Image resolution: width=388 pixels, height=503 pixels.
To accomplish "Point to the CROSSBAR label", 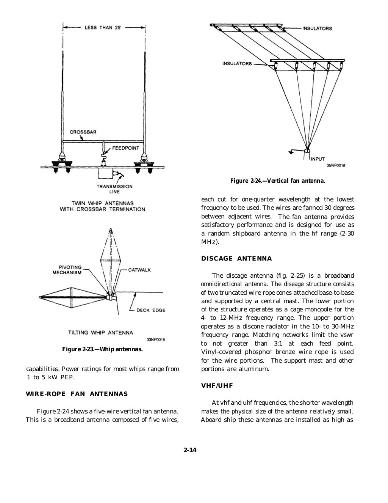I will coord(83,132).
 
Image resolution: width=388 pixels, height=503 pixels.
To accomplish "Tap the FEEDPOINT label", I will coord(125,148).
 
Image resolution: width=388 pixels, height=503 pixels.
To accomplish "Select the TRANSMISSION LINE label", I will coord(114,189).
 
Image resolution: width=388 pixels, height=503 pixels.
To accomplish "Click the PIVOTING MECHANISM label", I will coord(67,270).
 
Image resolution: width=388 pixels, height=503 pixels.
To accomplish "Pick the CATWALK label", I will coord(139,270).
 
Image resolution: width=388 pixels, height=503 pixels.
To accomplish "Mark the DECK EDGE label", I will coord(151,310).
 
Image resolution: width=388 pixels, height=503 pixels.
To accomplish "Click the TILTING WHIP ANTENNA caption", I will coord(100,333).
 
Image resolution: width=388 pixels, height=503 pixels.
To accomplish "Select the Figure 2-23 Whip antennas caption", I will coord(102,349).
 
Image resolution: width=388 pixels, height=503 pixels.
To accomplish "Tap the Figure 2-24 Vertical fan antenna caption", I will coord(277,181).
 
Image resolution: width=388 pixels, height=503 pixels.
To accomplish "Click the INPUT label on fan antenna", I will coord(318,159).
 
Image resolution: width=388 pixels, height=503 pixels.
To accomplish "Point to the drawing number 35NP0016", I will coord(335,165).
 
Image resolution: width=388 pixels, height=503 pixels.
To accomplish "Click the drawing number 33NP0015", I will coord(155,340).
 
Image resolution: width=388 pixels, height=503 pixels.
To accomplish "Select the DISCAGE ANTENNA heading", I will coord(236,259).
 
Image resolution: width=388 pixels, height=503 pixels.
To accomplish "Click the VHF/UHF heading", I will coord(217,386).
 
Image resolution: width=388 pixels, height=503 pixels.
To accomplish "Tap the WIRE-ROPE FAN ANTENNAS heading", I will coord(77,394).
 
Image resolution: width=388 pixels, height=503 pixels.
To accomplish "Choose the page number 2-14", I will coord(190,450).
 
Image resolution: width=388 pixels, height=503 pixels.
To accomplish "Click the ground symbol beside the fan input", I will coord(291,152).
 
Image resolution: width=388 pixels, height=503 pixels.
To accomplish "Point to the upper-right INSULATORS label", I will coord(317,28).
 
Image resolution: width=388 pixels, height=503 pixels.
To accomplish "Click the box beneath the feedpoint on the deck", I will coord(105,173).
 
